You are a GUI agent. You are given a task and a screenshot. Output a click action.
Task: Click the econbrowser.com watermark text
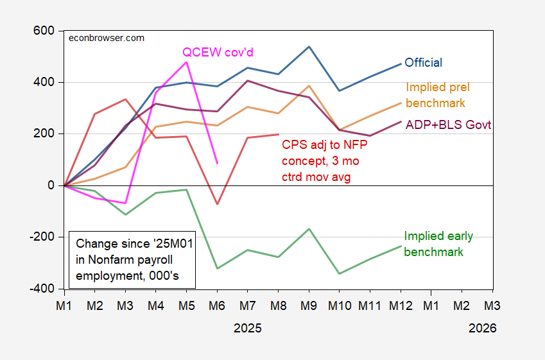[106, 38]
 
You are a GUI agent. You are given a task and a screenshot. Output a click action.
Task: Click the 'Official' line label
[424, 63]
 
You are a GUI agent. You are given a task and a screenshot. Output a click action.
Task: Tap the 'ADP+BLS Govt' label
[449, 125]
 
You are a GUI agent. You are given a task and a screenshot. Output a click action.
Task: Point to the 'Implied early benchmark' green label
[438, 244]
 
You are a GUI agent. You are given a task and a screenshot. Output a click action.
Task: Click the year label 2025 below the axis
[248, 328]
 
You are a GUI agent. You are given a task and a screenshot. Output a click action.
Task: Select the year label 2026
[482, 328]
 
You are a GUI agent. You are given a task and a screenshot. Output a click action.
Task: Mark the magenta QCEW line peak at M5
[187, 62]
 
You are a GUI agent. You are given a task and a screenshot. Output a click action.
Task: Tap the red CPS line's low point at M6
[217, 204]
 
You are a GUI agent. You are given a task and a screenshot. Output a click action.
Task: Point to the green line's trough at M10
[340, 274]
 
